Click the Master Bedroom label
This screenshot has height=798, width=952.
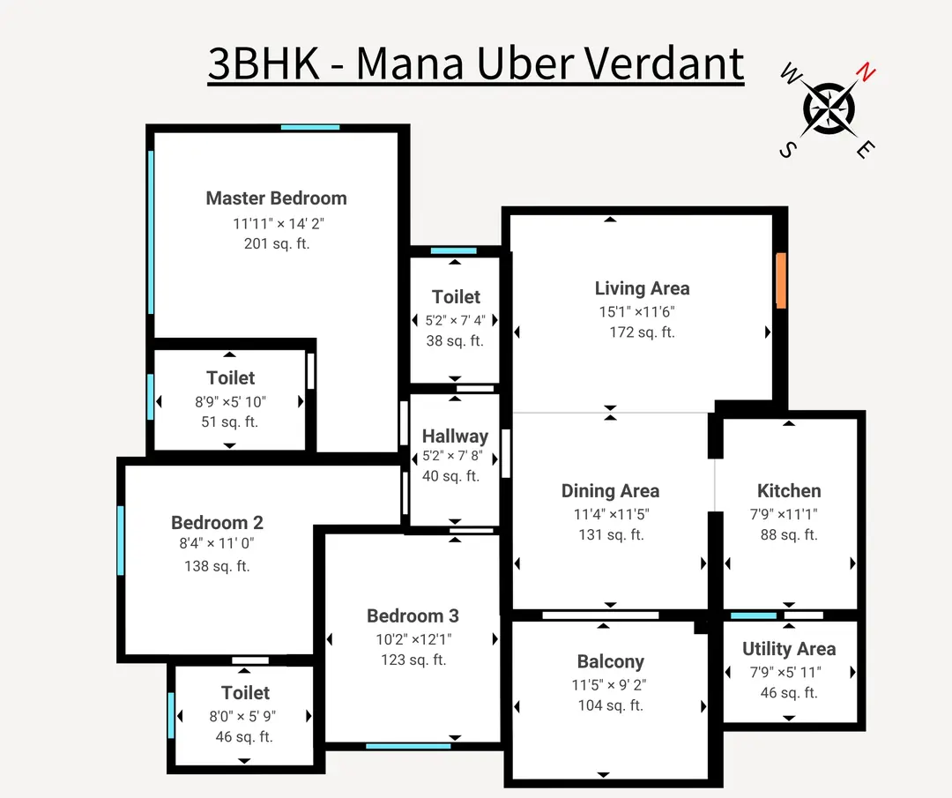276,198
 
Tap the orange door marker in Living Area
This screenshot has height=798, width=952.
781,280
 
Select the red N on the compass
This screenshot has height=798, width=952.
867,73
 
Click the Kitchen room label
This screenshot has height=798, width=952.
789,491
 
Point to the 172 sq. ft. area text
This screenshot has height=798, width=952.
642,332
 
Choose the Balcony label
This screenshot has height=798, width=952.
610,661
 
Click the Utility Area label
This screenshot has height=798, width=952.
789,649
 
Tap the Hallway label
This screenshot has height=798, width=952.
455,436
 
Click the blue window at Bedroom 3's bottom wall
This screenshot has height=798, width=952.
408,746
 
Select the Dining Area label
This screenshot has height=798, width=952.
610,491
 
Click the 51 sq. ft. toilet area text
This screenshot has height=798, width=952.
230,421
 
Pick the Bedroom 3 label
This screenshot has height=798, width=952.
413,615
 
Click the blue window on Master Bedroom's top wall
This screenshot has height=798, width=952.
310,128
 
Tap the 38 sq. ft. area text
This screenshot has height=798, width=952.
455,340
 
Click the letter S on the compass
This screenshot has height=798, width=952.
785,150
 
